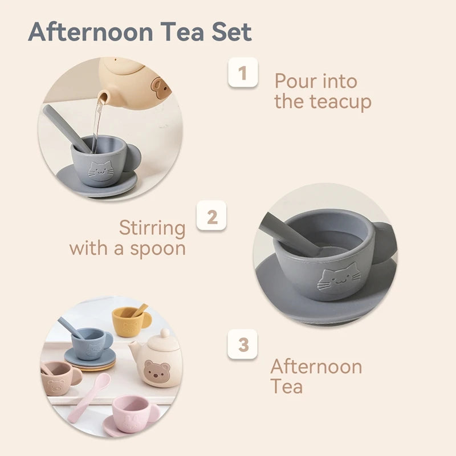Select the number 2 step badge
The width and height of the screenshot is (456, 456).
[x=211, y=217]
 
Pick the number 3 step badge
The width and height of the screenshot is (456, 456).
[x=243, y=345]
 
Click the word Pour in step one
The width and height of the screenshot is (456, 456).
[x=295, y=82]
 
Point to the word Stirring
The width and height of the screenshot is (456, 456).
[x=152, y=228]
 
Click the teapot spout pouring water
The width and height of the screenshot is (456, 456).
[x=103, y=98]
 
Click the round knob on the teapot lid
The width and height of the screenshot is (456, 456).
[x=164, y=333]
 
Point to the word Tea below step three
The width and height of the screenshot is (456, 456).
[x=286, y=386]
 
